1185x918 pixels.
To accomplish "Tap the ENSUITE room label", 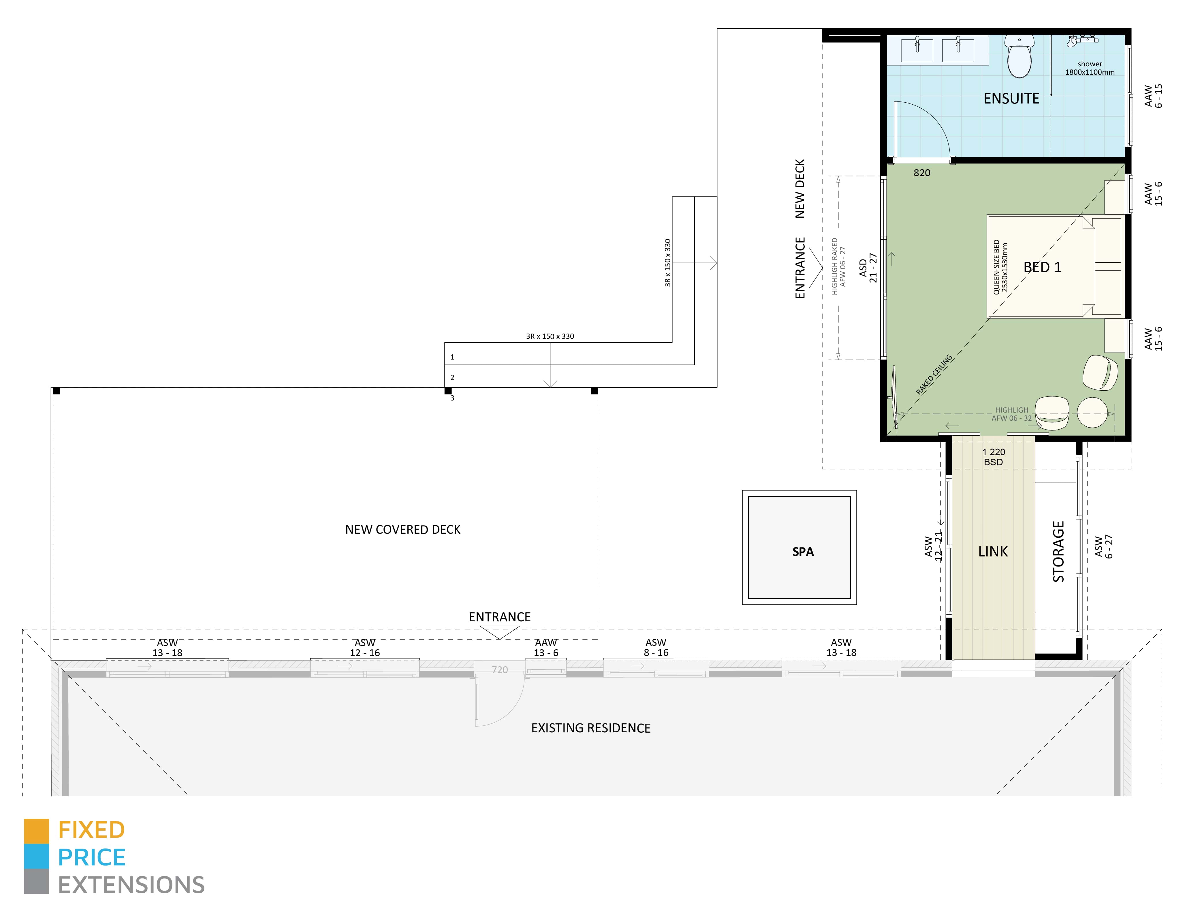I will click(x=1011, y=99).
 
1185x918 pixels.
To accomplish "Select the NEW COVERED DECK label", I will click(x=402, y=530).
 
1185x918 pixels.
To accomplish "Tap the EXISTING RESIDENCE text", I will click(x=590, y=728).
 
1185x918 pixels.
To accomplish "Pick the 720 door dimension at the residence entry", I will click(x=500, y=670).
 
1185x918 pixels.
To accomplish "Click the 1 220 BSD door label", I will click(x=994, y=457).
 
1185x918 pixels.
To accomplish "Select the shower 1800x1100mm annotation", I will click(x=1090, y=68).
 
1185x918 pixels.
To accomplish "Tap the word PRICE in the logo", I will click(x=92, y=858).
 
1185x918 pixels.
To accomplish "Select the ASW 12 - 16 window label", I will click(x=365, y=647).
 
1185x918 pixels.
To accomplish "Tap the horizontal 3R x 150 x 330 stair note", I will click(x=550, y=336).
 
